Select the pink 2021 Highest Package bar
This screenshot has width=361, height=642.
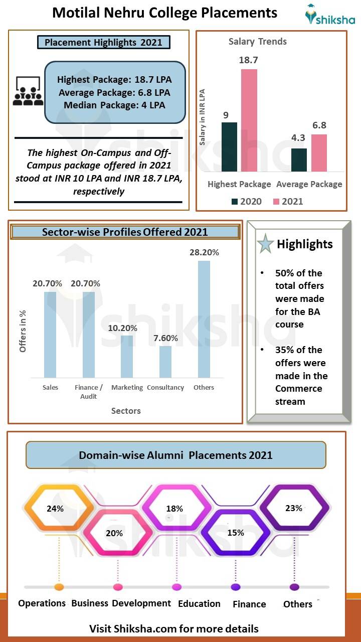pos(249,120)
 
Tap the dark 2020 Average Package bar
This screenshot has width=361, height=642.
pos(299,159)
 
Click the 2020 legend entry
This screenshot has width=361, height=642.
pos(246,202)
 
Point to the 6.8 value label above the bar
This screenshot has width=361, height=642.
pos(319,125)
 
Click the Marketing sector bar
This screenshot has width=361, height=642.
pos(127,356)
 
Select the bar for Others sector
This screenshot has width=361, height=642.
pos(204,319)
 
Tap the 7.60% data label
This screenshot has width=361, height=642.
pos(165,338)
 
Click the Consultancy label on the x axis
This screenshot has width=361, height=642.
pos(165,388)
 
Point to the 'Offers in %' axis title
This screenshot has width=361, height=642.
pos(23,331)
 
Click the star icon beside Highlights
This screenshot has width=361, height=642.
pos(265,244)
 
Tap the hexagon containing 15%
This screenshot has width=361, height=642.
pos(236,533)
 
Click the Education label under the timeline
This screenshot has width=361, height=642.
pos(199,604)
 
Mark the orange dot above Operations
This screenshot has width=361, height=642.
pos(59,587)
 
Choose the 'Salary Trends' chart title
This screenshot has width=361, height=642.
pos(258,42)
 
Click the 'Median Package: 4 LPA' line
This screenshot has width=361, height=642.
pos(114,105)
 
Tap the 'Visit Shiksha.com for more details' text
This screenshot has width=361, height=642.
pos(174,628)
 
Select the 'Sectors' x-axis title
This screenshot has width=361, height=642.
pos(126,411)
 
